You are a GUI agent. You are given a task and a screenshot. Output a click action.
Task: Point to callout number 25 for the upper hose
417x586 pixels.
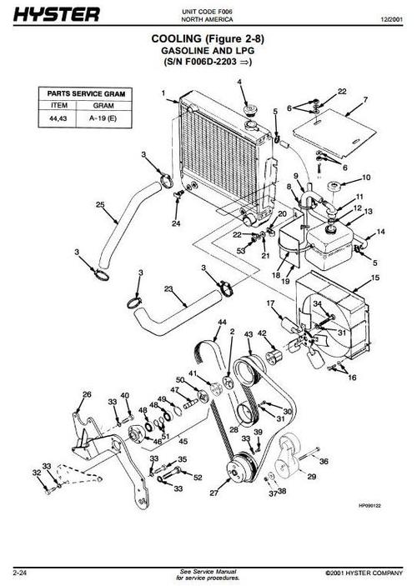(99, 204)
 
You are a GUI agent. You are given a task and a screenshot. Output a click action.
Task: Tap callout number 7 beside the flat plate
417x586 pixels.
(364, 100)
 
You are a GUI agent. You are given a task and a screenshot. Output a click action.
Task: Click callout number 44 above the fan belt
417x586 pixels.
(221, 322)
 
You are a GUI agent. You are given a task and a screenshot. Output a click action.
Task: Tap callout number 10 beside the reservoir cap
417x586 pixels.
(365, 178)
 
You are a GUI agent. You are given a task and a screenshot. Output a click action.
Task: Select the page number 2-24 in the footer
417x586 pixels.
(23, 573)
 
